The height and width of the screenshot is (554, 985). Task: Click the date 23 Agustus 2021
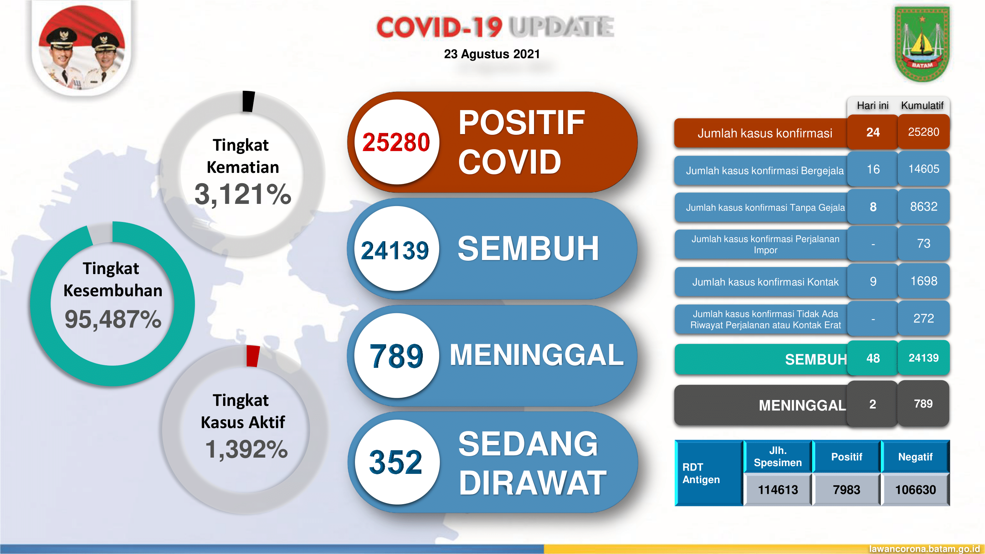point(492,54)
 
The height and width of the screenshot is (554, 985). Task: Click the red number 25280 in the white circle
point(396,142)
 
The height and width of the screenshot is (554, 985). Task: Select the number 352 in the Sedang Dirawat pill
point(396,462)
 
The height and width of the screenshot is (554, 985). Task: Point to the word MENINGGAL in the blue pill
point(536,355)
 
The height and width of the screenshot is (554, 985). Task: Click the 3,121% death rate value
point(243,194)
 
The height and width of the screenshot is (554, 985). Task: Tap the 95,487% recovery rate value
point(113,319)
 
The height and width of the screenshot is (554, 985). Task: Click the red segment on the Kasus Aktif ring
point(253,356)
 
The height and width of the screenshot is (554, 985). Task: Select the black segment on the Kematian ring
point(249,101)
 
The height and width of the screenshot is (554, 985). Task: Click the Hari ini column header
point(873,106)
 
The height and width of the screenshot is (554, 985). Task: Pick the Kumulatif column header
point(922,106)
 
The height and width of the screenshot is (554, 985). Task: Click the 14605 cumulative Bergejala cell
point(923,169)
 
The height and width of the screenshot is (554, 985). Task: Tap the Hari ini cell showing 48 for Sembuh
point(873,358)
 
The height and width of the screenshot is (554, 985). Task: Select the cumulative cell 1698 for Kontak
point(923,281)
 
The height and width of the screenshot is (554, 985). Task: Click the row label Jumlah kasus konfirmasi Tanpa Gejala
point(765,208)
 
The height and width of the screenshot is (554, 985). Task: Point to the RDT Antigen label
point(701,473)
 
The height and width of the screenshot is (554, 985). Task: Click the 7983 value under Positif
point(846,490)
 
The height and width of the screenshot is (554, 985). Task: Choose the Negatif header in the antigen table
point(915,457)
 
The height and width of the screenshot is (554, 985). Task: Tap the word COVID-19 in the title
point(439,28)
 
